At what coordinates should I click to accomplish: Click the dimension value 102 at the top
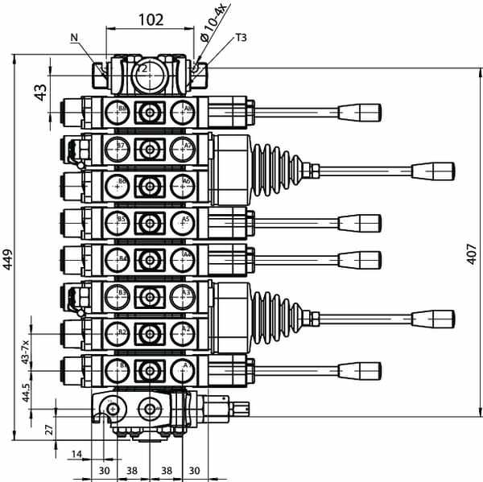click(151, 19)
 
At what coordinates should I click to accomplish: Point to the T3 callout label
click(242, 37)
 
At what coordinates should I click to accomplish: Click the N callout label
click(75, 37)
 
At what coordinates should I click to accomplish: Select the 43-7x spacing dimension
click(27, 352)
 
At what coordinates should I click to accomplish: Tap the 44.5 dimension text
click(27, 392)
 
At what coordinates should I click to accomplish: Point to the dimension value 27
click(50, 429)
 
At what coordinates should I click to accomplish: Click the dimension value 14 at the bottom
click(76, 454)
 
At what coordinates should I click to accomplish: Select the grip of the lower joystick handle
click(433, 319)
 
